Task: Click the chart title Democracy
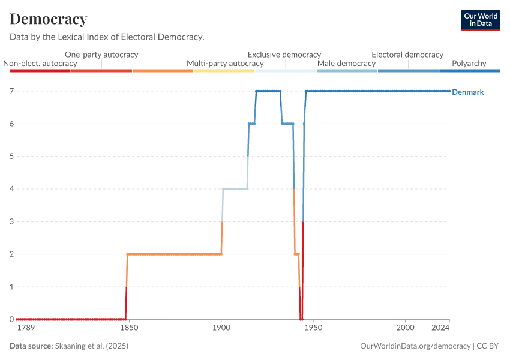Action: [49, 19]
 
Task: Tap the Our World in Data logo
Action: [481, 20]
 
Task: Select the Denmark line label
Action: [467, 92]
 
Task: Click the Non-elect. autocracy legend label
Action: [40, 63]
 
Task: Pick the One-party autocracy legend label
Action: [101, 54]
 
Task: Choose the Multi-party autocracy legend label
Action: [225, 63]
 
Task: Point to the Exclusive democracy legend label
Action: [284, 54]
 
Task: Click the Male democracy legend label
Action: [346, 63]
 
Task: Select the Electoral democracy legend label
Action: [407, 54]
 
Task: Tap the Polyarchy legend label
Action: [469, 63]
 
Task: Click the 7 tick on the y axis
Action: [11, 91]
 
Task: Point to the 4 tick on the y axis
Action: [11, 189]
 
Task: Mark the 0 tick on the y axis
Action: [11, 319]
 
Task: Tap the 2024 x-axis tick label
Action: [440, 328]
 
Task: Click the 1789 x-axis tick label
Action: [26, 328]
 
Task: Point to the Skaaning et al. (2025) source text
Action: [91, 346]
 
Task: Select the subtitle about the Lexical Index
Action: [107, 37]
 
